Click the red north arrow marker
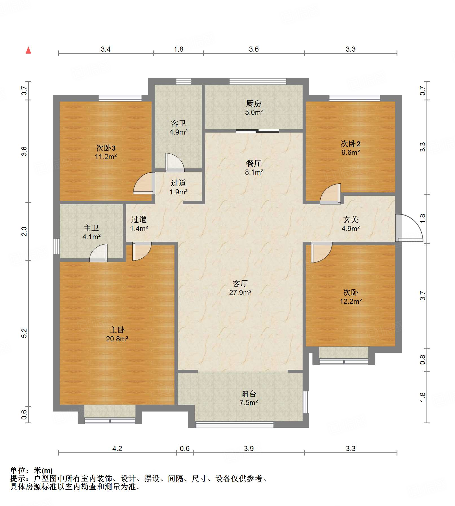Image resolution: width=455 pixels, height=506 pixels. click(28, 50)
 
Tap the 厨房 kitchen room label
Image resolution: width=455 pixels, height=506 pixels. click(253, 104)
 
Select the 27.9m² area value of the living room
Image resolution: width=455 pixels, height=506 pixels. click(240, 292)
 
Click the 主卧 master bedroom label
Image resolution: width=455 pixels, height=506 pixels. click(117, 330)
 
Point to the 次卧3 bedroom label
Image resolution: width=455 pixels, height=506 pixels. click(106, 148)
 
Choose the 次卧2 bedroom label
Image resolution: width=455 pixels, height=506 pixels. click(351, 144)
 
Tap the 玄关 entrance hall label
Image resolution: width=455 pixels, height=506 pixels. click(351, 219)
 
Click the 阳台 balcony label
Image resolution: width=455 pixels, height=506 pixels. click(248, 394)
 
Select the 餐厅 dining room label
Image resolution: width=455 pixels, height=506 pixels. click(253, 163)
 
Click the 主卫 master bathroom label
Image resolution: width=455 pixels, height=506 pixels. click(91, 228)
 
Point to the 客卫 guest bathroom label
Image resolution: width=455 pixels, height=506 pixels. click(178, 123)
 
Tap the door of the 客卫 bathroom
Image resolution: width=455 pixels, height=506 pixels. click(174, 162)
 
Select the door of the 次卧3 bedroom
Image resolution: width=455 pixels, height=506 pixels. click(144, 183)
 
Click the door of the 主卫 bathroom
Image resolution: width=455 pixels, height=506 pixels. click(99, 253)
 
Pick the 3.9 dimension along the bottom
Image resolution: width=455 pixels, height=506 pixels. click(249, 448)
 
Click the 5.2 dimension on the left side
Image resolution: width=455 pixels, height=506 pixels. click(24, 333)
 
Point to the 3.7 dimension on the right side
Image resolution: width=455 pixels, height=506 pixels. click(422, 296)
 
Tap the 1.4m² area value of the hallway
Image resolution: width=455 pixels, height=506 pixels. click(139, 228)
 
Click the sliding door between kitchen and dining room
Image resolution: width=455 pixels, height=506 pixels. click(257, 131)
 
